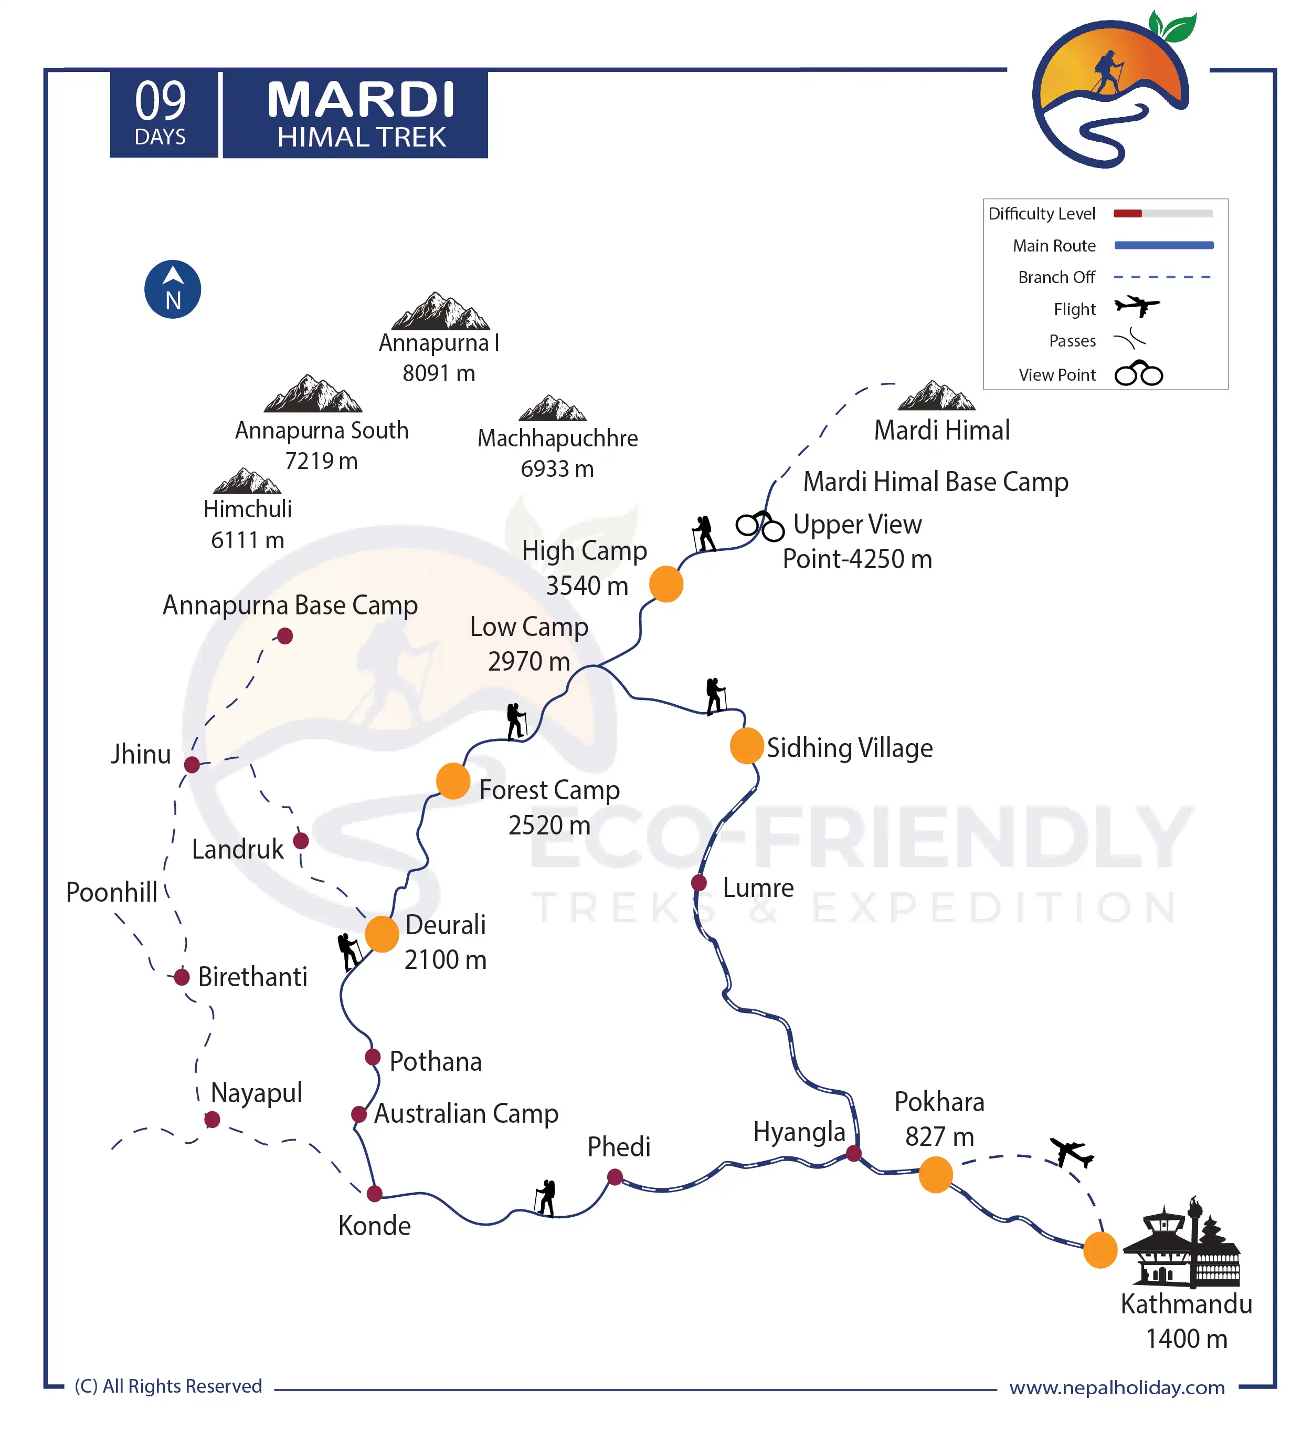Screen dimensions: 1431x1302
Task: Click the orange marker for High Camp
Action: [665, 584]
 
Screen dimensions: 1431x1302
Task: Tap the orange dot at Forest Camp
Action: [453, 781]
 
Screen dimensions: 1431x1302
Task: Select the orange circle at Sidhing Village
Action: [746, 745]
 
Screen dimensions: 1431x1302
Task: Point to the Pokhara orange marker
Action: [935, 1174]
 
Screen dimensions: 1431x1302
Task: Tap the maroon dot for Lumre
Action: [699, 882]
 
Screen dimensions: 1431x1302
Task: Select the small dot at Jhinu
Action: [192, 765]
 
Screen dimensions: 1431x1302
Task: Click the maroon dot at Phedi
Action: [615, 1177]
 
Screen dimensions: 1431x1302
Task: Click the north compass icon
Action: [173, 289]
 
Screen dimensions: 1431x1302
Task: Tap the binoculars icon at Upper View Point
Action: [759, 526]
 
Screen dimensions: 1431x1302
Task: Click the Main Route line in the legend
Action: [1163, 246]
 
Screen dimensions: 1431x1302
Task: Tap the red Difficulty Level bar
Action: [1127, 214]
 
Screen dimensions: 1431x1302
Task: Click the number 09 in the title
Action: [161, 101]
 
